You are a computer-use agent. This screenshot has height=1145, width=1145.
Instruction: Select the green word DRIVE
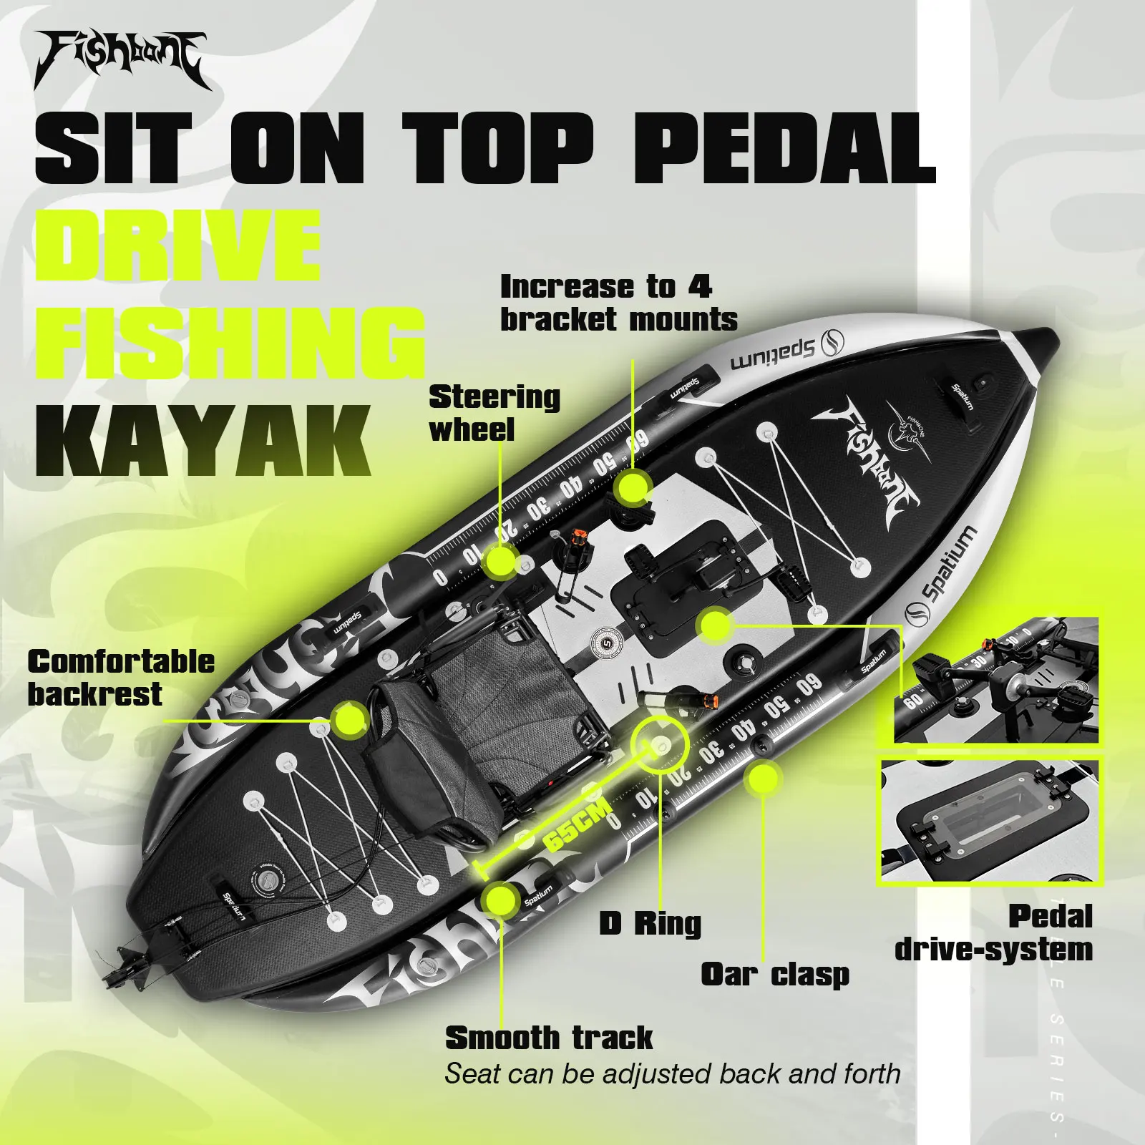177,245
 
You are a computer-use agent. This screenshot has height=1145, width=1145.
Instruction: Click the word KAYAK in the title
203,441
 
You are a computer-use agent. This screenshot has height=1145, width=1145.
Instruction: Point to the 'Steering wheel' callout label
494,413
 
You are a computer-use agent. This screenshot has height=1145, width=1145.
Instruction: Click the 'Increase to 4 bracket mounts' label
618,303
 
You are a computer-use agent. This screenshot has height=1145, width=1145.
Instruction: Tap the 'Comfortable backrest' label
121,678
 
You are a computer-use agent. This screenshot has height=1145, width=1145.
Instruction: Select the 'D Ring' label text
650,923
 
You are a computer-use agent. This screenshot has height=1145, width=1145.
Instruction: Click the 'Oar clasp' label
775,974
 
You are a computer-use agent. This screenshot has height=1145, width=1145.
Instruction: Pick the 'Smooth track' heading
549,1038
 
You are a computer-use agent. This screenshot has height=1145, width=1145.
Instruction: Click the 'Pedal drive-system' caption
995,933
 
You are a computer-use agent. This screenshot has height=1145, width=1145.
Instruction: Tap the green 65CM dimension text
577,825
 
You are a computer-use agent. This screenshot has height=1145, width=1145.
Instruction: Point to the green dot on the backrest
350,720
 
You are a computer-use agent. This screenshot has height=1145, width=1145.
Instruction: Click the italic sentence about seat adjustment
672,1074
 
